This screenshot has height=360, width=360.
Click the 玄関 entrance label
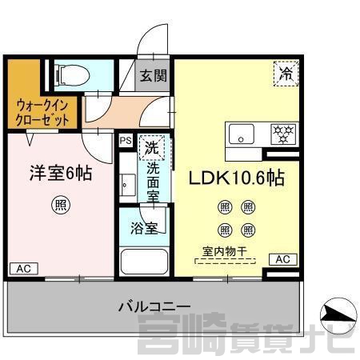coord(153,76)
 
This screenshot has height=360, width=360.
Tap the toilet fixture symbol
coord(72,75)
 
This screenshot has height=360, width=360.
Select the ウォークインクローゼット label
coord(42,113)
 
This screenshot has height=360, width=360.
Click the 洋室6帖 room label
coord(61,173)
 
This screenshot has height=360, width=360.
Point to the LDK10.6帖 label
coord(237,178)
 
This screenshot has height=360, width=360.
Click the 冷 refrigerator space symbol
coord(286,74)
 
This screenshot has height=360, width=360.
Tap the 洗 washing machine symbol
coord(152,147)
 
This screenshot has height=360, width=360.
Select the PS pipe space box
coord(126,140)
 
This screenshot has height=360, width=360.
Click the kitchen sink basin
coord(242,134)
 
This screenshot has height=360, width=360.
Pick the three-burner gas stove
coord(283,134)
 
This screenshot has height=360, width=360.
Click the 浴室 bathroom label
coord(144,228)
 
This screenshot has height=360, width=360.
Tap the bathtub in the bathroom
coord(144,262)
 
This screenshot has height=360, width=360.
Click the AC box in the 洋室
coord(24,269)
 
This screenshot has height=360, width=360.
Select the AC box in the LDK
coord(283,259)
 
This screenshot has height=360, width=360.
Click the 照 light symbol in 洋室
coord(61,205)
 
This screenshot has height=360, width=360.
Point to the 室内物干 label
coord(225,251)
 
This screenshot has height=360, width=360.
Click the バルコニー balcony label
coord(154,306)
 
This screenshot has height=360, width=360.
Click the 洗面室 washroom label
coord(153,182)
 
